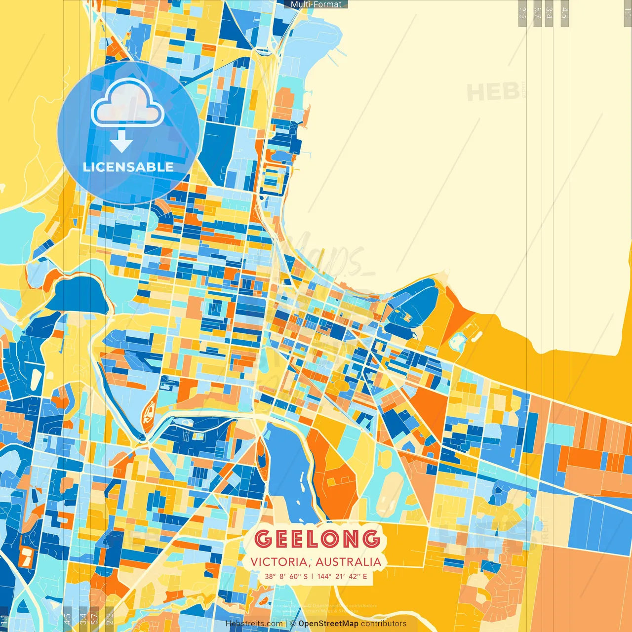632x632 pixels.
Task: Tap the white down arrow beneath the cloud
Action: (121, 142)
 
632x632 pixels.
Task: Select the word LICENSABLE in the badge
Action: (128, 167)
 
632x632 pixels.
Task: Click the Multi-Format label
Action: (316, 4)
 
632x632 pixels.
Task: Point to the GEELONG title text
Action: (317, 539)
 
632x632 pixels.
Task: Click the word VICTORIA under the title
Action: (279, 562)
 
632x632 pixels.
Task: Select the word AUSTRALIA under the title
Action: (349, 562)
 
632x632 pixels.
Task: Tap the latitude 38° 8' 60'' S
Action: (286, 576)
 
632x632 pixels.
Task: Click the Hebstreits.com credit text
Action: (254, 624)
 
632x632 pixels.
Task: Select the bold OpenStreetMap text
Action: (328, 624)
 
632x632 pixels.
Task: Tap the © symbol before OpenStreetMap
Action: (293, 624)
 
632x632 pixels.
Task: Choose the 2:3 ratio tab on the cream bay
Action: (522, 13)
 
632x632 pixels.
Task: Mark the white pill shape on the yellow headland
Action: (477, 336)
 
